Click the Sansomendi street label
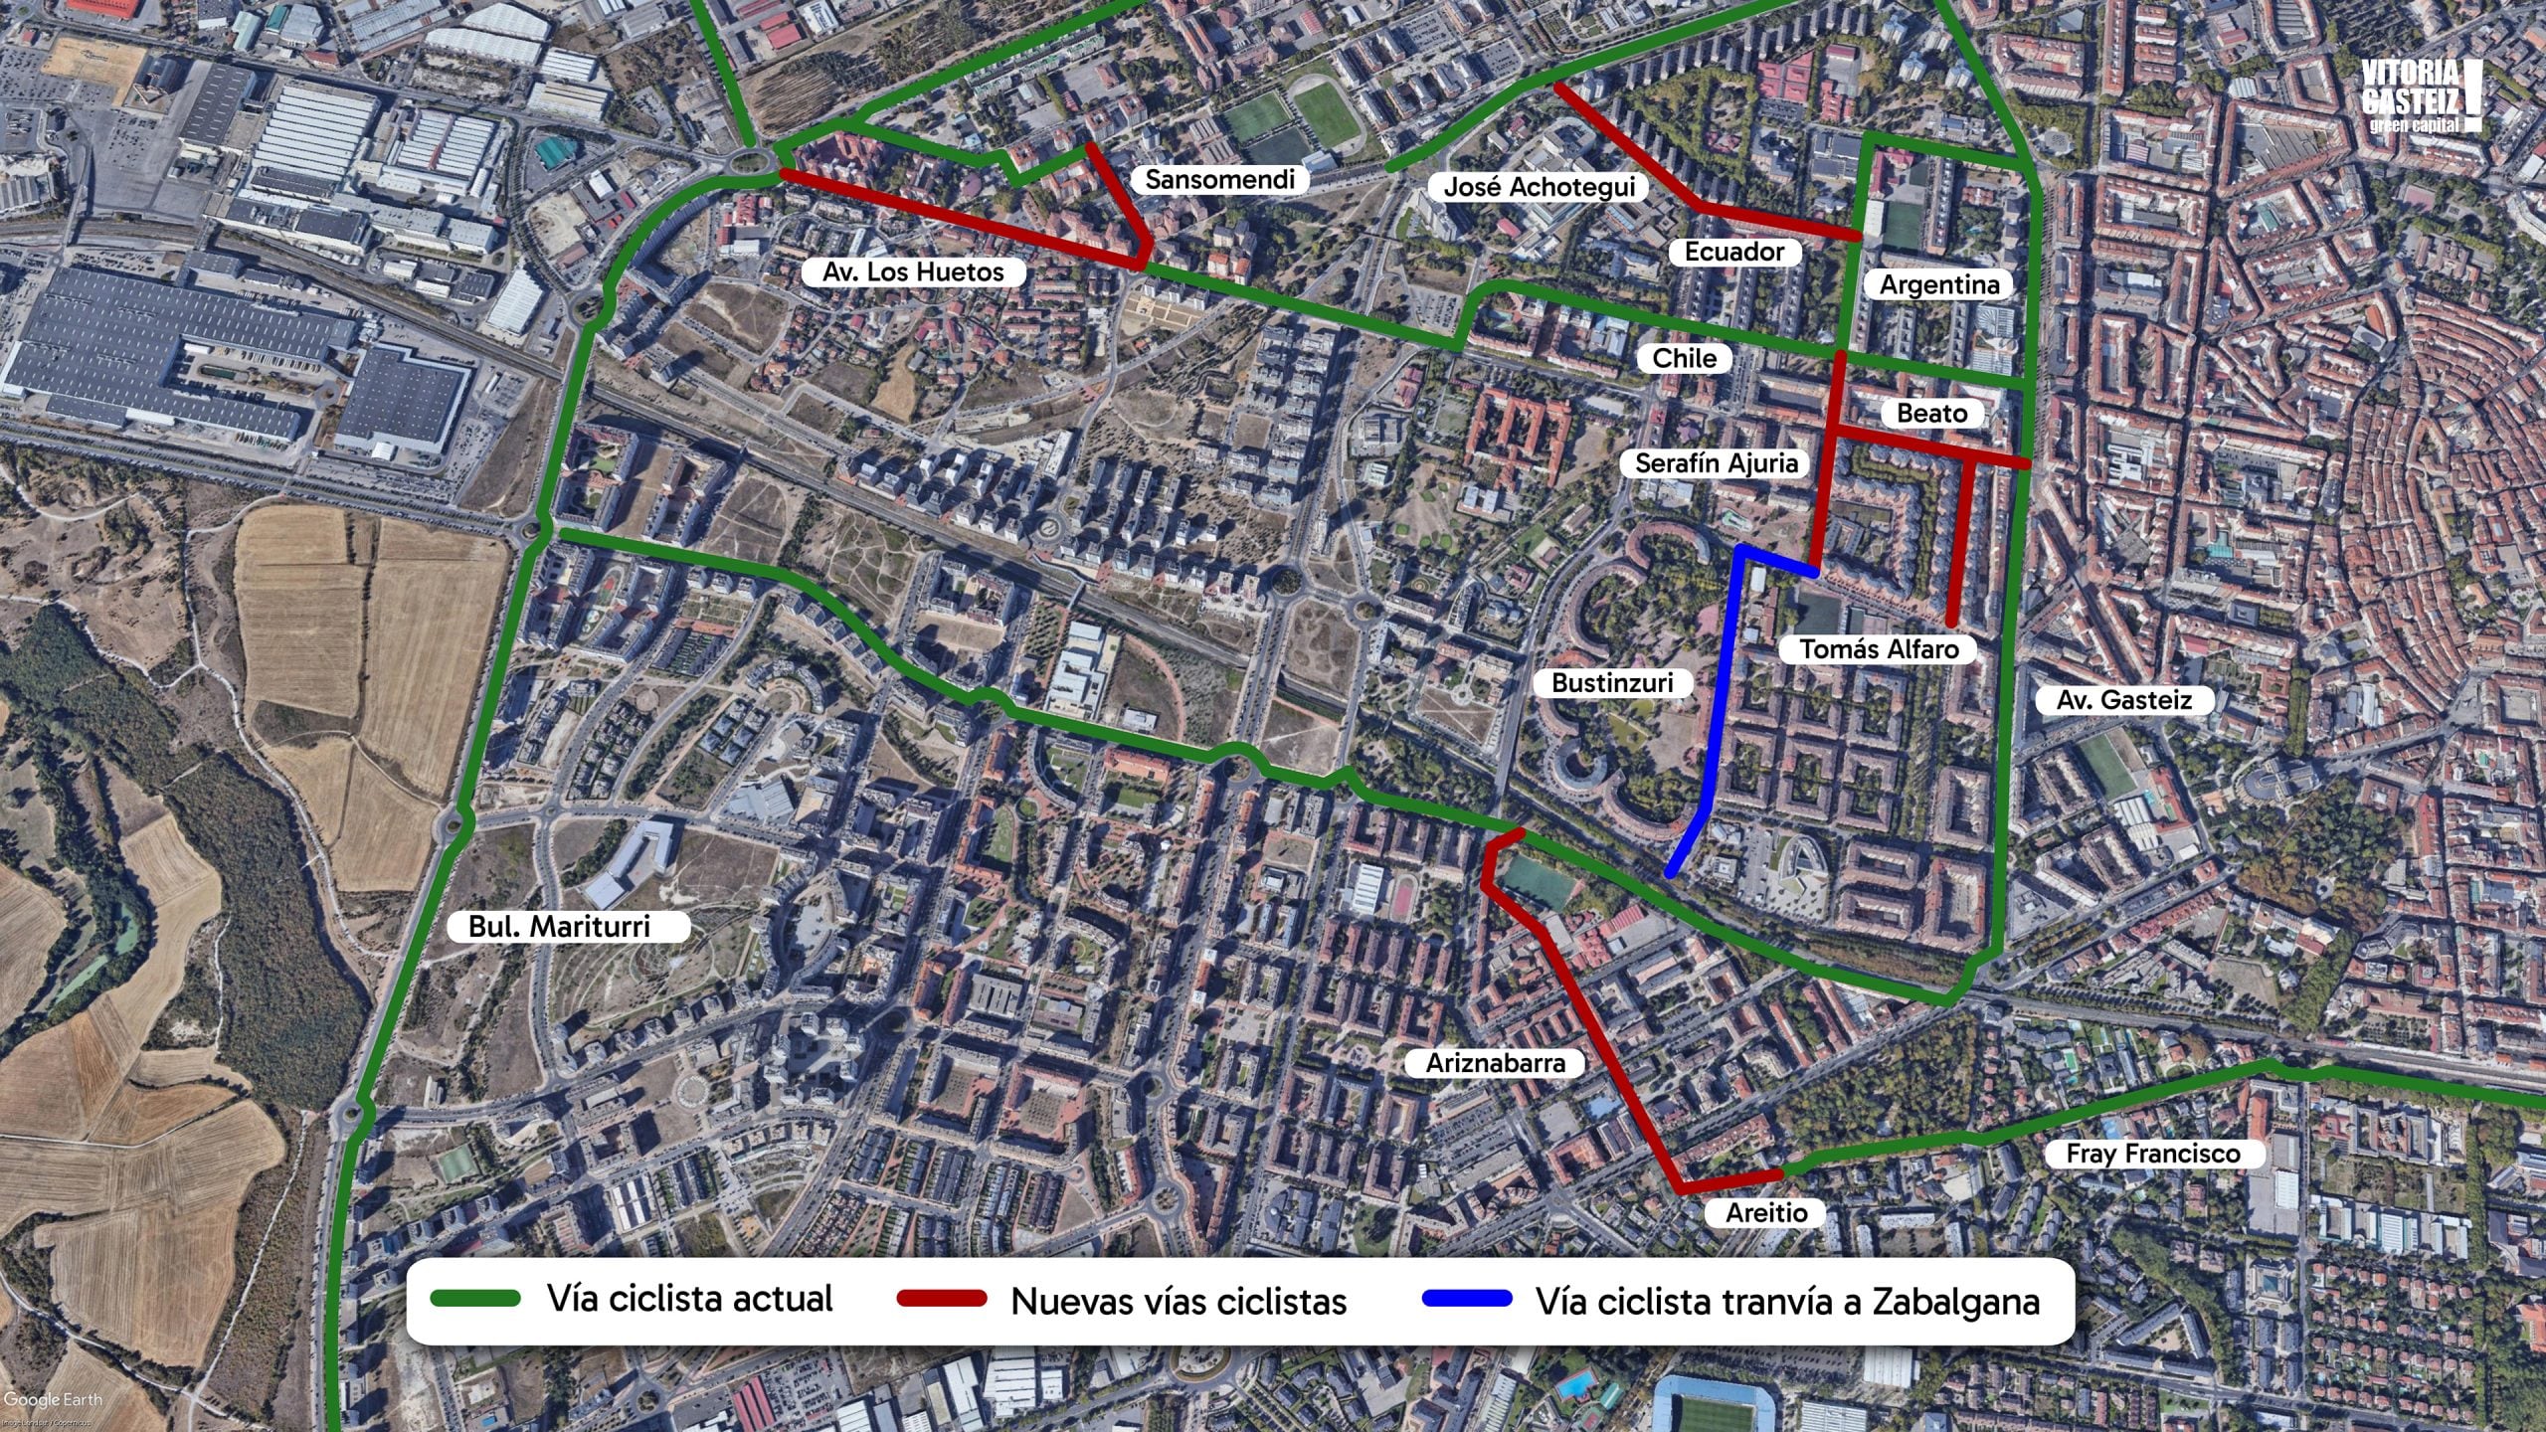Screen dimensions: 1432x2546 coord(1219,180)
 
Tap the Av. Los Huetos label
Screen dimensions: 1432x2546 coord(913,272)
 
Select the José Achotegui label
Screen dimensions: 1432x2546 coord(1539,187)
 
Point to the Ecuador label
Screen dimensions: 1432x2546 coord(1733,253)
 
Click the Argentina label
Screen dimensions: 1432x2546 coord(1938,285)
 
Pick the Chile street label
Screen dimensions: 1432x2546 coord(1684,358)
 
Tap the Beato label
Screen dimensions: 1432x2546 coord(1931,414)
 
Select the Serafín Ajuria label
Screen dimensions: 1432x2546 coord(1716,463)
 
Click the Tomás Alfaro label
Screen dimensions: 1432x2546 coord(1879,649)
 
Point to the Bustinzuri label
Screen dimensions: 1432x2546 coord(1612,683)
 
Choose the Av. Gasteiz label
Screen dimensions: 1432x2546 coord(2123,700)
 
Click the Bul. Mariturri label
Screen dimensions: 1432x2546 coord(559,927)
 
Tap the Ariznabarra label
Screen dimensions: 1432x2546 coord(1496,1063)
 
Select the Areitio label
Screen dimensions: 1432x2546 coord(1766,1213)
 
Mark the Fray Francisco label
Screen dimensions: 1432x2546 coord(2153,1154)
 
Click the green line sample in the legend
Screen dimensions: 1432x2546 coord(475,1299)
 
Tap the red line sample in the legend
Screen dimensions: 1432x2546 coord(941,1299)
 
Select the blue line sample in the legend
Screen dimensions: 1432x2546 coord(1467,1299)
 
